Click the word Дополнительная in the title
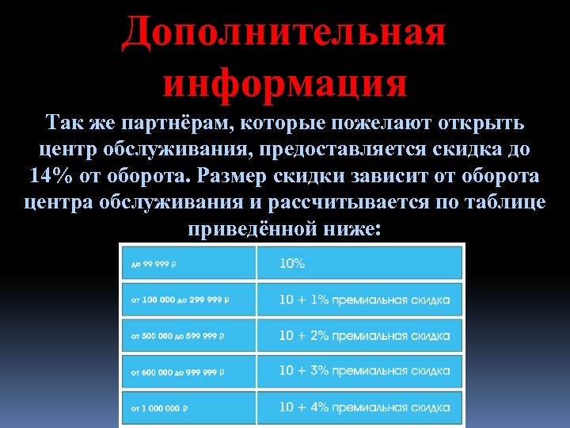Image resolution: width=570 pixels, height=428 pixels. tap(284, 33)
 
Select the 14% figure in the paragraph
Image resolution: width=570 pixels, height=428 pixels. tap(48, 175)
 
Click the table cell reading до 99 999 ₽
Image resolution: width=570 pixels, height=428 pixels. tap(188, 263)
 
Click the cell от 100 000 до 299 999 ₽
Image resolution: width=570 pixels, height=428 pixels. tap(188, 300)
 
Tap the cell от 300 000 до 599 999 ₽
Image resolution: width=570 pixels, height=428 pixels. tap(188, 336)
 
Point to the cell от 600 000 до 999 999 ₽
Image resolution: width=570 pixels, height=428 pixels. tap(188, 372)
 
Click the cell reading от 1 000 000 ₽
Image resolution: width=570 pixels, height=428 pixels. tap(188, 408)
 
